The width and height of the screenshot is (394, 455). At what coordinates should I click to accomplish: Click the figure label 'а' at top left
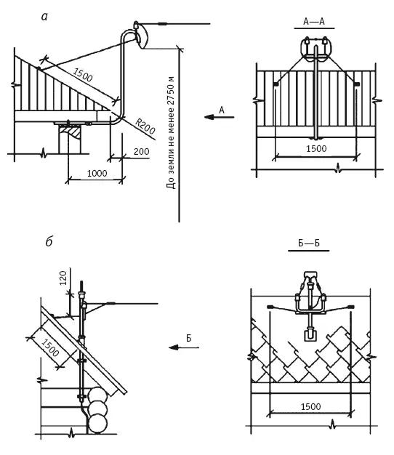(44, 17)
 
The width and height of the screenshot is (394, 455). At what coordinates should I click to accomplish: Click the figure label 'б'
(49, 242)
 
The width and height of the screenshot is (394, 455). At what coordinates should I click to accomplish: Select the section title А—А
(314, 22)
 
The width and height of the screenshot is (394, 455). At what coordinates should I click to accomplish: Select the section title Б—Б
(309, 243)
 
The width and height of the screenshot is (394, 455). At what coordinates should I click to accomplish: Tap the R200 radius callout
(145, 126)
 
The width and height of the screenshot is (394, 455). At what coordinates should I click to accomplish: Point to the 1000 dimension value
(97, 174)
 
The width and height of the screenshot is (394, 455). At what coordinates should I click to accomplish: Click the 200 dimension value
(141, 152)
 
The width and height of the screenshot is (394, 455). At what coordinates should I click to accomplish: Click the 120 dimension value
(63, 278)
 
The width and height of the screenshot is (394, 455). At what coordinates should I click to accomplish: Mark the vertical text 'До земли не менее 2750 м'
(171, 132)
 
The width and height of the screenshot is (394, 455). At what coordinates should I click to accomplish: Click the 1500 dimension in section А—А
(316, 149)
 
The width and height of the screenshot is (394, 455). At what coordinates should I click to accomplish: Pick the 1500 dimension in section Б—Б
(310, 406)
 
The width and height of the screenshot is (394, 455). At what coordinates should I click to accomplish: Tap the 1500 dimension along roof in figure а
(83, 75)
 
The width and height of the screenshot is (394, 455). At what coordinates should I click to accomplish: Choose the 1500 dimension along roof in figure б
(50, 347)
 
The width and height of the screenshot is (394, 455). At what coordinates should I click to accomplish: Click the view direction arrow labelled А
(219, 117)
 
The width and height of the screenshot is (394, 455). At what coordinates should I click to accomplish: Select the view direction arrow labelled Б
(184, 347)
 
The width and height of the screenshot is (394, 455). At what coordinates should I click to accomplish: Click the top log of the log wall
(97, 395)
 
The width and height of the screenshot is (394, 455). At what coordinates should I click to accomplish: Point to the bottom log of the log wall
(97, 424)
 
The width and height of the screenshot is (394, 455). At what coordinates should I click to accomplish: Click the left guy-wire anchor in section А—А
(276, 84)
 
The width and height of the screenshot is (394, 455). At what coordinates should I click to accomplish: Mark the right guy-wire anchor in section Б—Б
(351, 307)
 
